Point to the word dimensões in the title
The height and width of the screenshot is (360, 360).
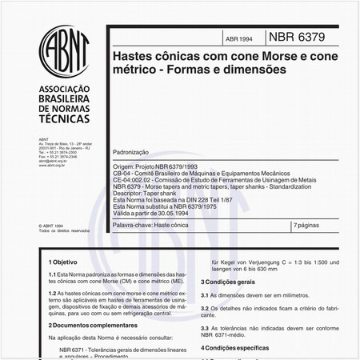click(x=250, y=70)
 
